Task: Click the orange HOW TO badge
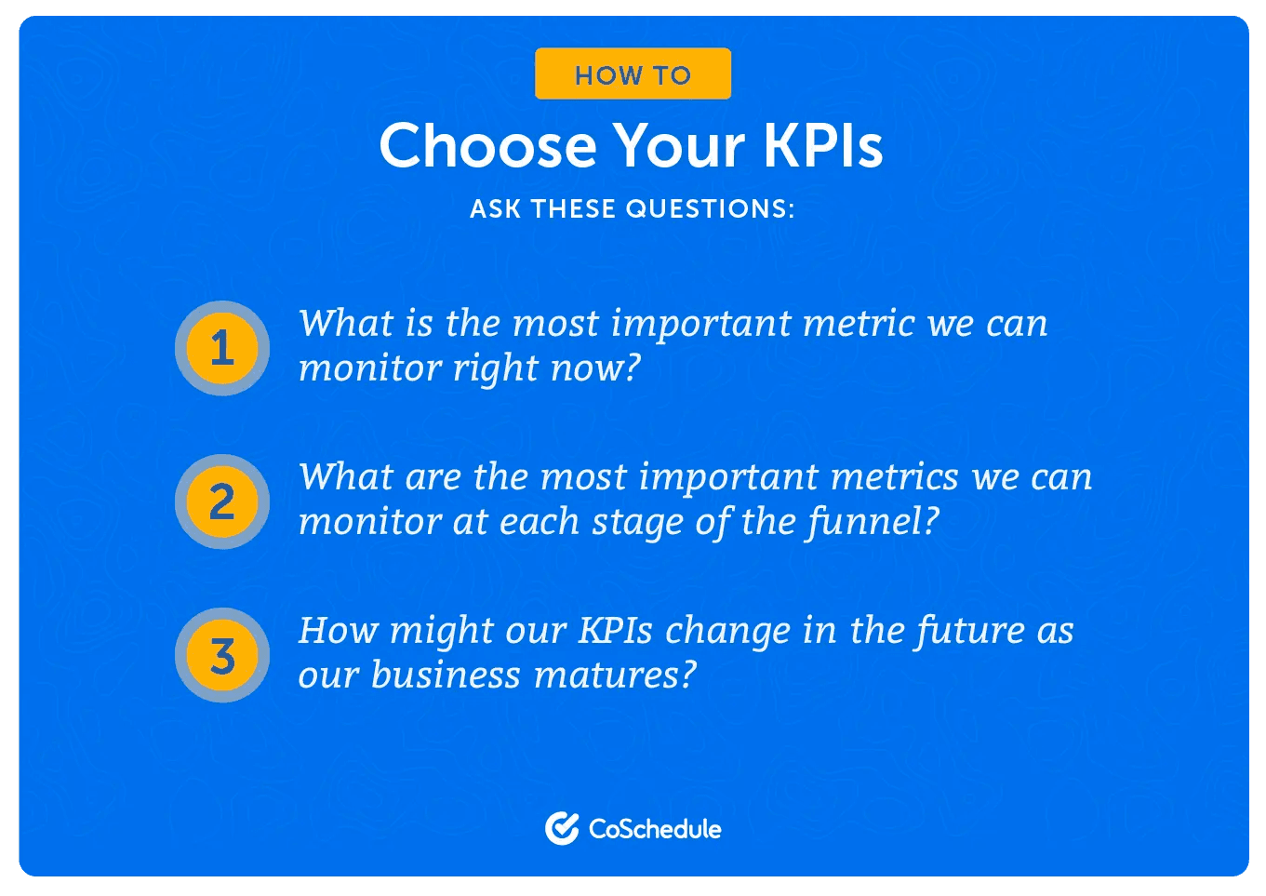click(x=633, y=74)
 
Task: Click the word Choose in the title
click(x=487, y=146)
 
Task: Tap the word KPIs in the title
click(x=822, y=146)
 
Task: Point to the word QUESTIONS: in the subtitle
click(x=710, y=208)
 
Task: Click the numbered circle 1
click(x=222, y=348)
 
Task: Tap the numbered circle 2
click(x=222, y=501)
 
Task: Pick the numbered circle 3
click(x=222, y=655)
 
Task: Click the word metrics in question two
click(x=894, y=477)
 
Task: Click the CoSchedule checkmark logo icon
click(x=562, y=828)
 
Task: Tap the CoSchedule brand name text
click(x=655, y=829)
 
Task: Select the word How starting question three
click(x=338, y=631)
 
